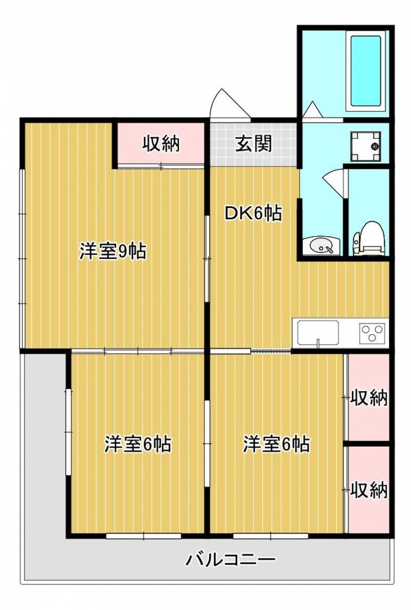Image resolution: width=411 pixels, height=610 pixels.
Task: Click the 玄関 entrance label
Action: [x=253, y=144]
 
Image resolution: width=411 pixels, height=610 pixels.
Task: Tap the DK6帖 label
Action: [x=253, y=213]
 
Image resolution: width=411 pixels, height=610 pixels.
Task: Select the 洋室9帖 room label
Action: [x=113, y=251]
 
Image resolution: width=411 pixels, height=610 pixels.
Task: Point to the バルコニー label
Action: [x=230, y=560]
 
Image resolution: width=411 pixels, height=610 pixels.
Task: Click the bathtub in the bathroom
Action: [x=365, y=71]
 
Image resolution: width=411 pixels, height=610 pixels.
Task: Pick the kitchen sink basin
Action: [x=318, y=334]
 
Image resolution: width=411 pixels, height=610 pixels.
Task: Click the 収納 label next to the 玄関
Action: [x=160, y=144]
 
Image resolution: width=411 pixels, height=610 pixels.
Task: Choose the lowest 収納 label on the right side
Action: [x=369, y=490]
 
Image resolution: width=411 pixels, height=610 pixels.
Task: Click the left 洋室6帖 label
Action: [x=137, y=444]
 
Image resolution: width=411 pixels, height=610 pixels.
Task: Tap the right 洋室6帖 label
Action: [x=276, y=444]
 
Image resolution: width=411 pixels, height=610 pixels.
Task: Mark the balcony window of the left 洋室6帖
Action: [x=144, y=536]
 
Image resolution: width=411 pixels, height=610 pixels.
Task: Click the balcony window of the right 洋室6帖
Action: [x=271, y=536]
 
